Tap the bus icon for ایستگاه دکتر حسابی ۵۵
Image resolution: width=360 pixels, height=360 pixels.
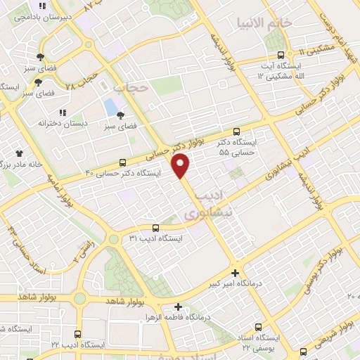pos(236,131)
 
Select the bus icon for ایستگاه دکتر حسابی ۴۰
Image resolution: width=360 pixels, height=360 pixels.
pos(124,162)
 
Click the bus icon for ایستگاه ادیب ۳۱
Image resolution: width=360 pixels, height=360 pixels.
pos(155,227)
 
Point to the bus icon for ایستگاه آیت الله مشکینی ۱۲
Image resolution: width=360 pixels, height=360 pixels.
pos(281,54)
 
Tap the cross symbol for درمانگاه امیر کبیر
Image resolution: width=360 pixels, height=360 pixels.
pos(235,273)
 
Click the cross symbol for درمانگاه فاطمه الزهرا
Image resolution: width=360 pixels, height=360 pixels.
pos(179,307)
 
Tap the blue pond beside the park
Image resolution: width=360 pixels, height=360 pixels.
pos(110,108)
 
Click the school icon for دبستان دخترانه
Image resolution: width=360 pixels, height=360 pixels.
pos(63,112)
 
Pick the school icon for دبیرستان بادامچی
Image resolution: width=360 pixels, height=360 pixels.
pos(43,6)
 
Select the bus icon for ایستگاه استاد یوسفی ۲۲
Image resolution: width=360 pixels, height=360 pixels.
pos(258,327)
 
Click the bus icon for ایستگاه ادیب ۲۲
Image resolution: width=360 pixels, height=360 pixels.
pos(77,334)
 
